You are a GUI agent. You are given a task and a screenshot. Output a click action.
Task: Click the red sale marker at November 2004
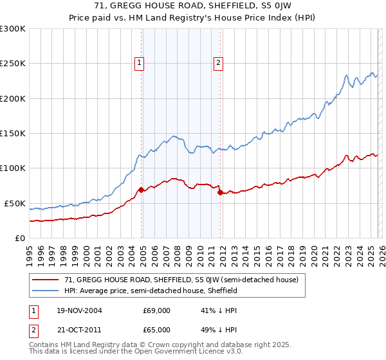coord(142,190)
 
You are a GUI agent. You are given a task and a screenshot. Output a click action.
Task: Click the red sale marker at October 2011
coord(220,192)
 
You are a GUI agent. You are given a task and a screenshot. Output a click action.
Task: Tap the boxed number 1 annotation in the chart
coord(140,62)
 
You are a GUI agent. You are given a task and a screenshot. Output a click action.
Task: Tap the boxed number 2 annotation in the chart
coord(218,62)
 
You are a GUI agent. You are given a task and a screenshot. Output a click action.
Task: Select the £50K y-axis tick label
coord(15,203)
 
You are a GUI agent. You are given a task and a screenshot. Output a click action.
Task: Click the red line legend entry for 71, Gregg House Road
coord(181,280)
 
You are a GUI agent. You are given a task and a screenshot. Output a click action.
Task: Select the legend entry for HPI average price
coord(151,291)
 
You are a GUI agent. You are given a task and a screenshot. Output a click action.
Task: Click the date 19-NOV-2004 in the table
coord(79,310)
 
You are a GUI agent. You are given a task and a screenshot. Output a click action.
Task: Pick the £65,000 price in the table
coord(156,329)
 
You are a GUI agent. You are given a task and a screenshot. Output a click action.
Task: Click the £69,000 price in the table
coord(156,310)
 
